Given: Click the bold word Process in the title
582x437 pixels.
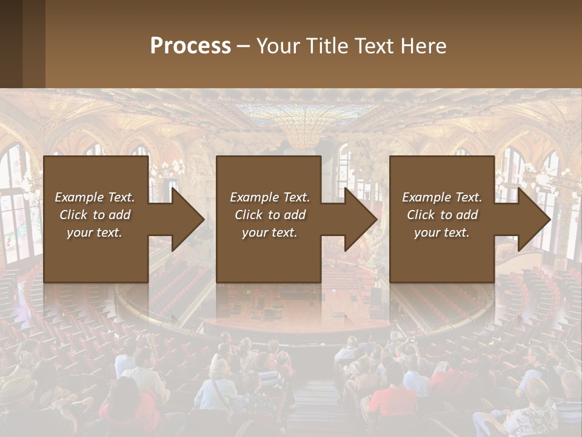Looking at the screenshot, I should tap(190, 46).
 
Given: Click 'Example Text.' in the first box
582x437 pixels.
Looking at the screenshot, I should tap(95, 197).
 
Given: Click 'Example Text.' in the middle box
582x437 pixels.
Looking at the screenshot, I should tap(270, 197).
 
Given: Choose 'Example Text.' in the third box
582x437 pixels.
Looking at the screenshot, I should tap(442, 197).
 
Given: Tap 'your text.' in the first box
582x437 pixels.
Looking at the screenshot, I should tap(95, 232).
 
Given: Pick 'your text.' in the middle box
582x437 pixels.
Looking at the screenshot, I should tap(270, 232).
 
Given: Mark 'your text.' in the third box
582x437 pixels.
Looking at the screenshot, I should tap(442, 232).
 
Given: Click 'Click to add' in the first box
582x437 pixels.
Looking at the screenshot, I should tap(95, 215).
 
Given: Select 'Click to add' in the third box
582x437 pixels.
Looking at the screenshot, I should tap(442, 215).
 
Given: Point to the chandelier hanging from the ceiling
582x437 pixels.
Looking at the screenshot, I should tap(301, 137).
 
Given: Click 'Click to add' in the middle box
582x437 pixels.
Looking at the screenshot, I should tap(270, 215).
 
